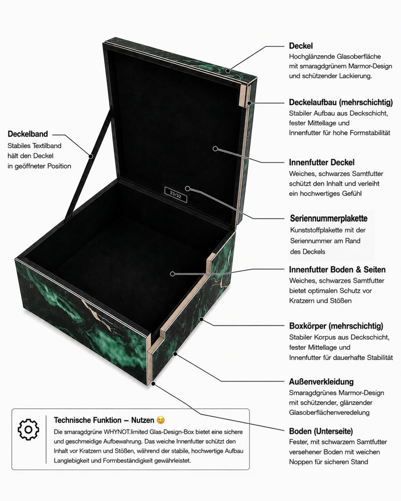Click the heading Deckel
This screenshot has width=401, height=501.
pyautogui.click(x=301, y=46)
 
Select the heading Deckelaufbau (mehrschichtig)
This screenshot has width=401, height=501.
pyautogui.click(x=341, y=103)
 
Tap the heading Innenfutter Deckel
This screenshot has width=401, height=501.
pyautogui.click(x=322, y=162)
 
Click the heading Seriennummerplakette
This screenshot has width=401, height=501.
pyautogui.click(x=329, y=218)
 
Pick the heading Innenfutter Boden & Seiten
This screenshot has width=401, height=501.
pyautogui.click(x=337, y=270)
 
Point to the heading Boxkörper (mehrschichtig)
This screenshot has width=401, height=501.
pyautogui.click(x=336, y=326)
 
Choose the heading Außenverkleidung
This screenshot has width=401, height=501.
pyautogui.click(x=321, y=382)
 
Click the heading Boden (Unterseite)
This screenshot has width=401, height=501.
pyautogui.click(x=321, y=431)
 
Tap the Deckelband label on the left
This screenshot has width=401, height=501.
pyautogui.click(x=28, y=134)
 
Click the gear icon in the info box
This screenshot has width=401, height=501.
pyautogui.click(x=29, y=429)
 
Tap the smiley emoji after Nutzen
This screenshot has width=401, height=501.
pyautogui.click(x=161, y=420)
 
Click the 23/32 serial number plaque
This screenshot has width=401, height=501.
pyautogui.click(x=175, y=194)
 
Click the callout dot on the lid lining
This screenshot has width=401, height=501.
pyautogui.click(x=215, y=149)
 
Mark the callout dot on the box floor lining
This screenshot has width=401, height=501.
pyautogui.click(x=172, y=274)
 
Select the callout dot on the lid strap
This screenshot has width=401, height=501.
pyautogui.click(x=91, y=156)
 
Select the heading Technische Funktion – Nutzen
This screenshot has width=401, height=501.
pyautogui.click(x=104, y=420)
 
